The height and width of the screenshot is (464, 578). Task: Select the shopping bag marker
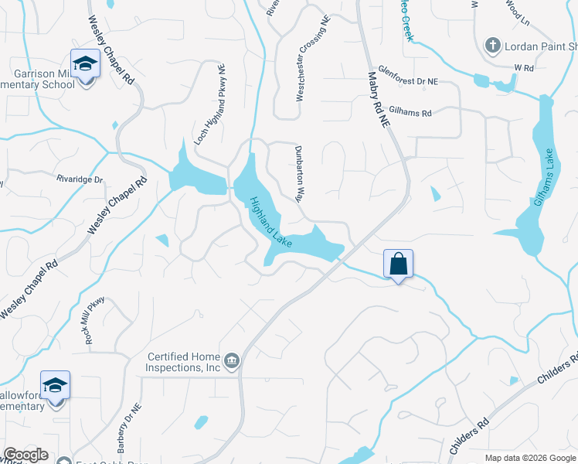[398, 264]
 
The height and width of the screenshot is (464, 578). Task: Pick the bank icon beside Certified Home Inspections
[231, 361]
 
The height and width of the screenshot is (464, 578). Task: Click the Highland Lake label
[270, 222]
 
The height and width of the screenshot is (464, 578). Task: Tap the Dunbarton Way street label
[299, 173]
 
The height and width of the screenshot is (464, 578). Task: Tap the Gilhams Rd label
[411, 113]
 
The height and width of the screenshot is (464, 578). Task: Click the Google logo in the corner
[25, 455]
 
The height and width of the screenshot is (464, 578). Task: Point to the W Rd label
[524, 68]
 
